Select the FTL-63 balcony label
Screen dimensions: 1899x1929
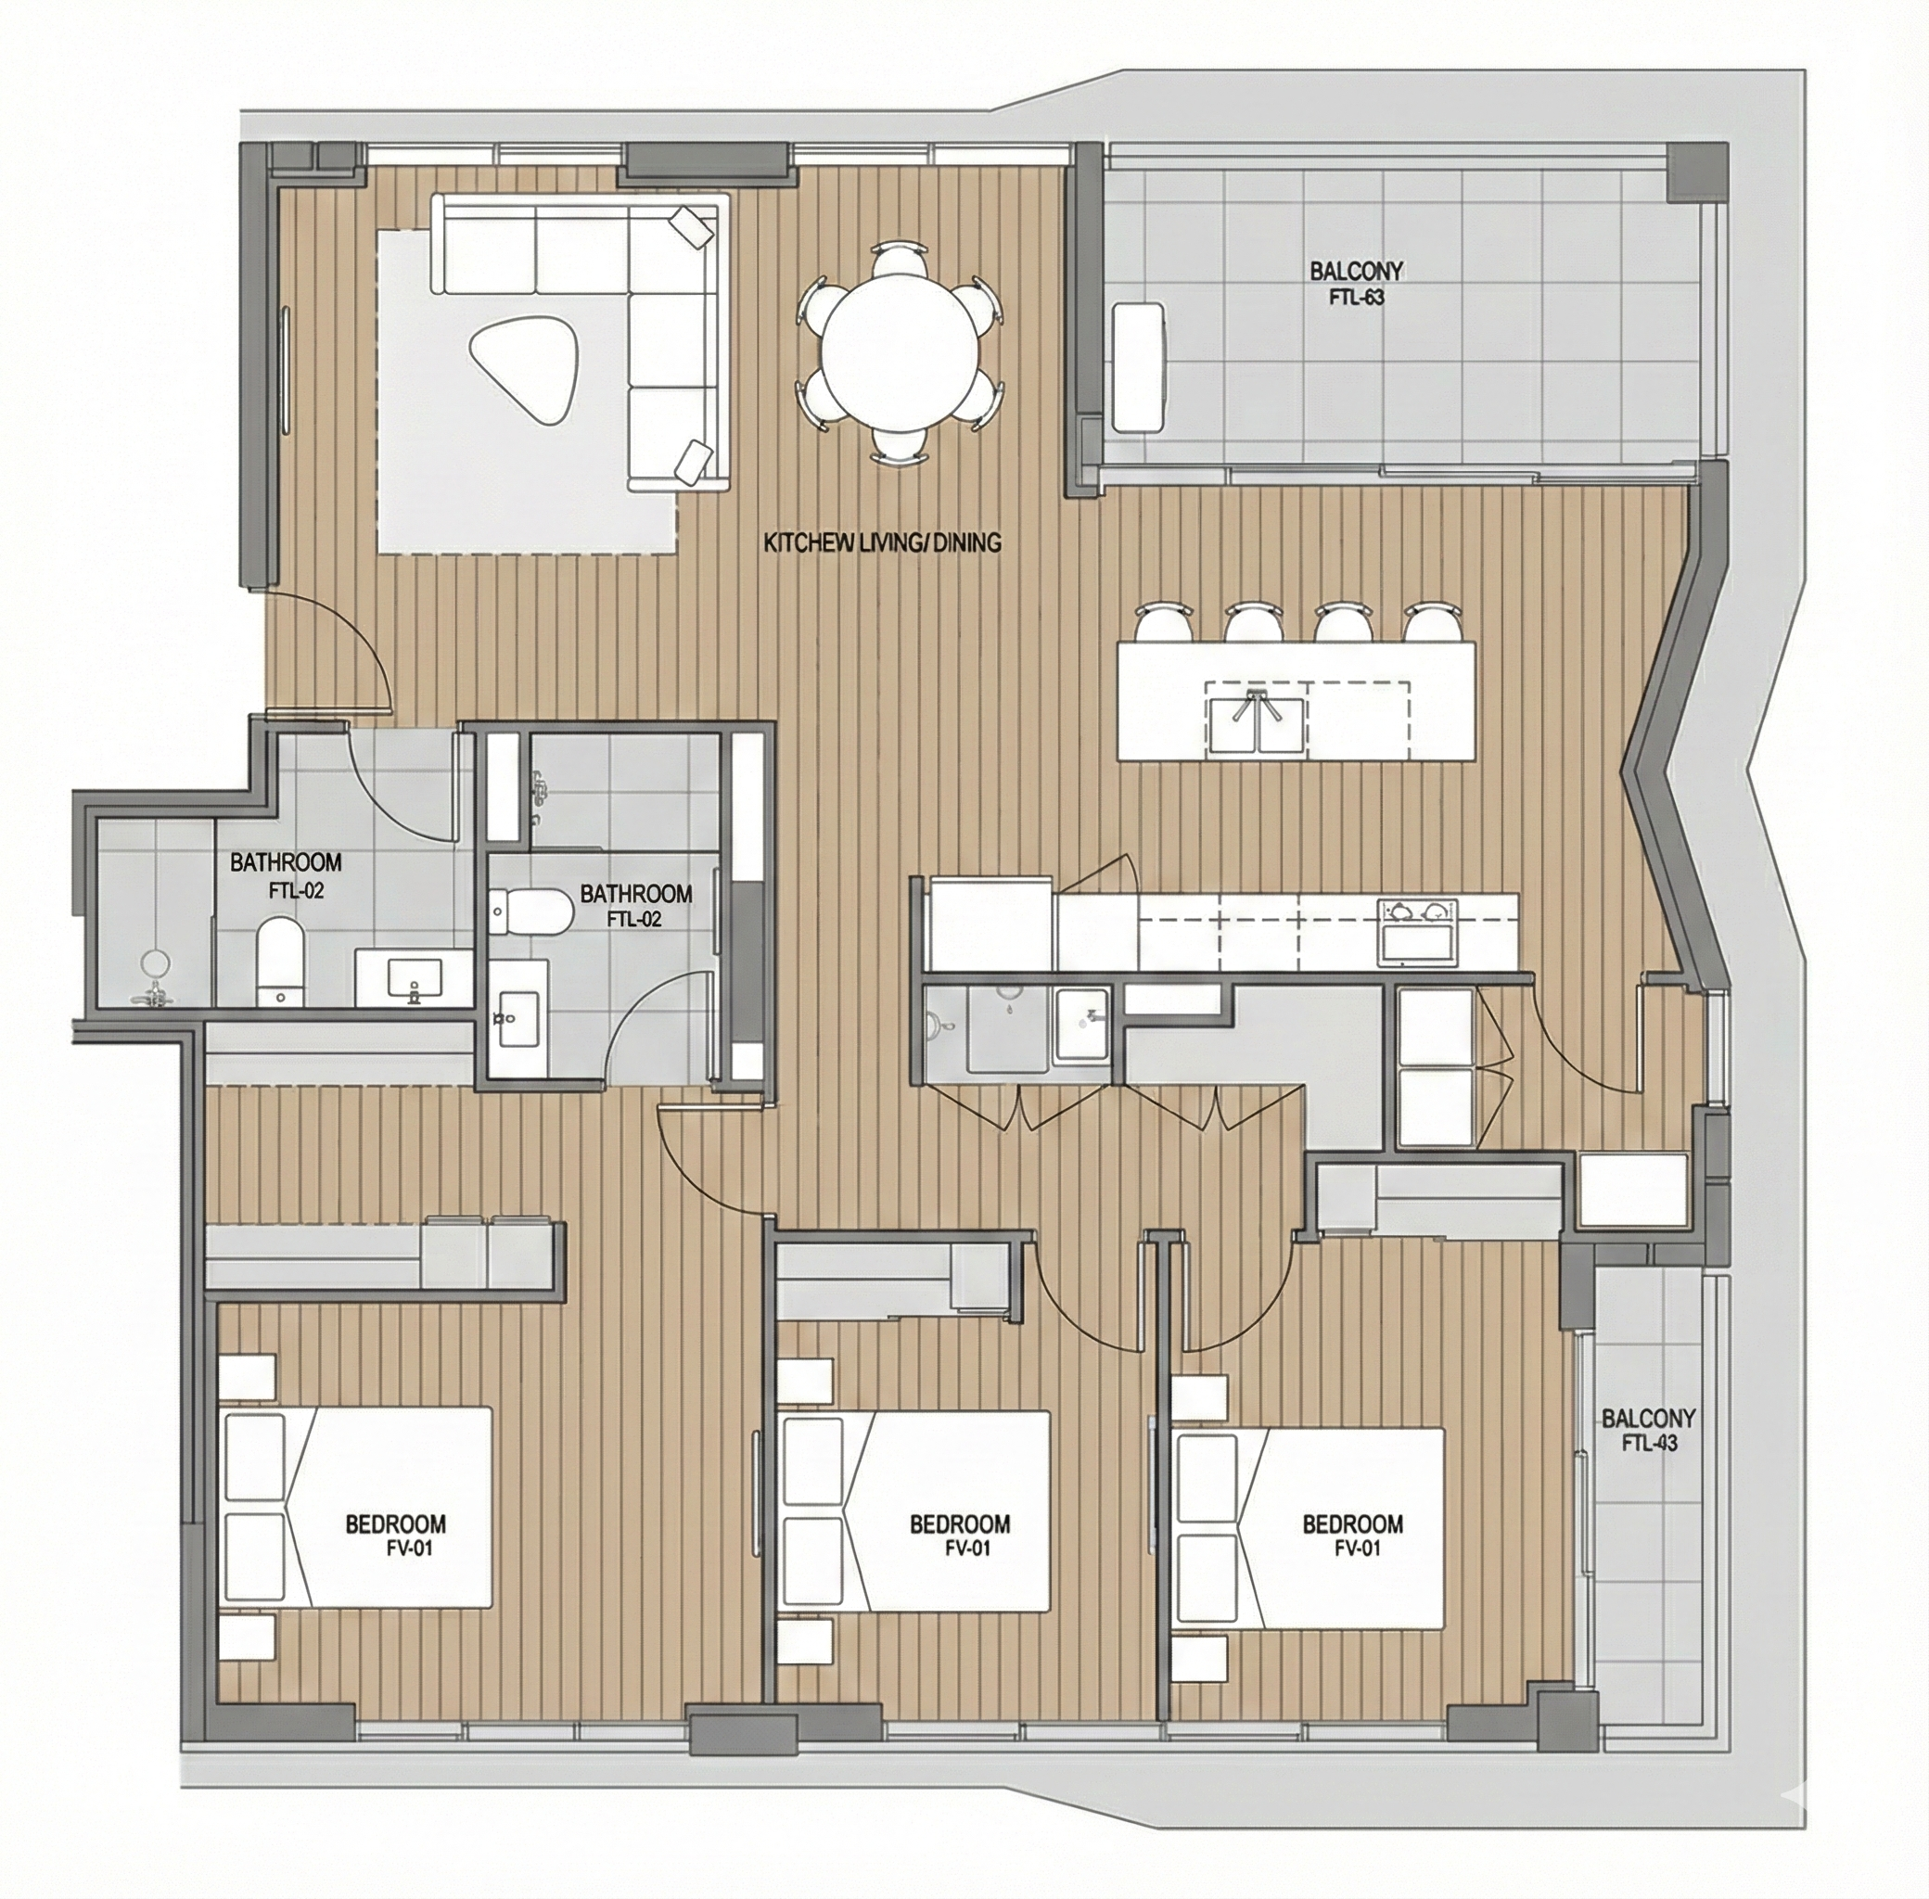(1356, 282)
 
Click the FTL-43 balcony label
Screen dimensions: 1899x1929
(1648, 1429)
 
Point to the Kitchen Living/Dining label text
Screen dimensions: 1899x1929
(882, 543)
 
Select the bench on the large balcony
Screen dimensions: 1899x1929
(1138, 367)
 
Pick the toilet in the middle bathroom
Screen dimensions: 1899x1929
(529, 909)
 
